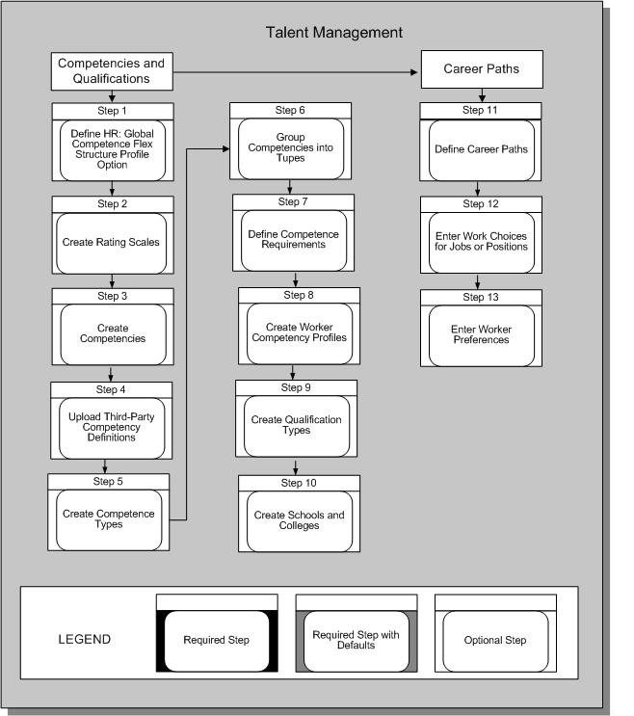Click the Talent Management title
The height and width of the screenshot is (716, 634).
coord(334,33)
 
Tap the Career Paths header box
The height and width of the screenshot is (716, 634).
coord(483,70)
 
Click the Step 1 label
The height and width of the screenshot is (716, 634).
coord(112,111)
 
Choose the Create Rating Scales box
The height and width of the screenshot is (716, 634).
coord(112,243)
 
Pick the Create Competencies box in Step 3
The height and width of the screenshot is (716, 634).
coord(112,332)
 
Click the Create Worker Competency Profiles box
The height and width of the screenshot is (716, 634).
coord(298,331)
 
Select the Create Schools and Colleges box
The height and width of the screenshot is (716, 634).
coord(300,520)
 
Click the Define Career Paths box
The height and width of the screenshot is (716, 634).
coord(482,149)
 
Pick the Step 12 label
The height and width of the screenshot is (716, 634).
coord(481,204)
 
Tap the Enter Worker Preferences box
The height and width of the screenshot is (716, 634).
coord(481,335)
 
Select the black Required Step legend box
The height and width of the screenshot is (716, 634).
coord(217,640)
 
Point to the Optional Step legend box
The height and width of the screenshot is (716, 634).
coord(495,640)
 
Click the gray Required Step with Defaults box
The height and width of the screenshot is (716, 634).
coord(356,640)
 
